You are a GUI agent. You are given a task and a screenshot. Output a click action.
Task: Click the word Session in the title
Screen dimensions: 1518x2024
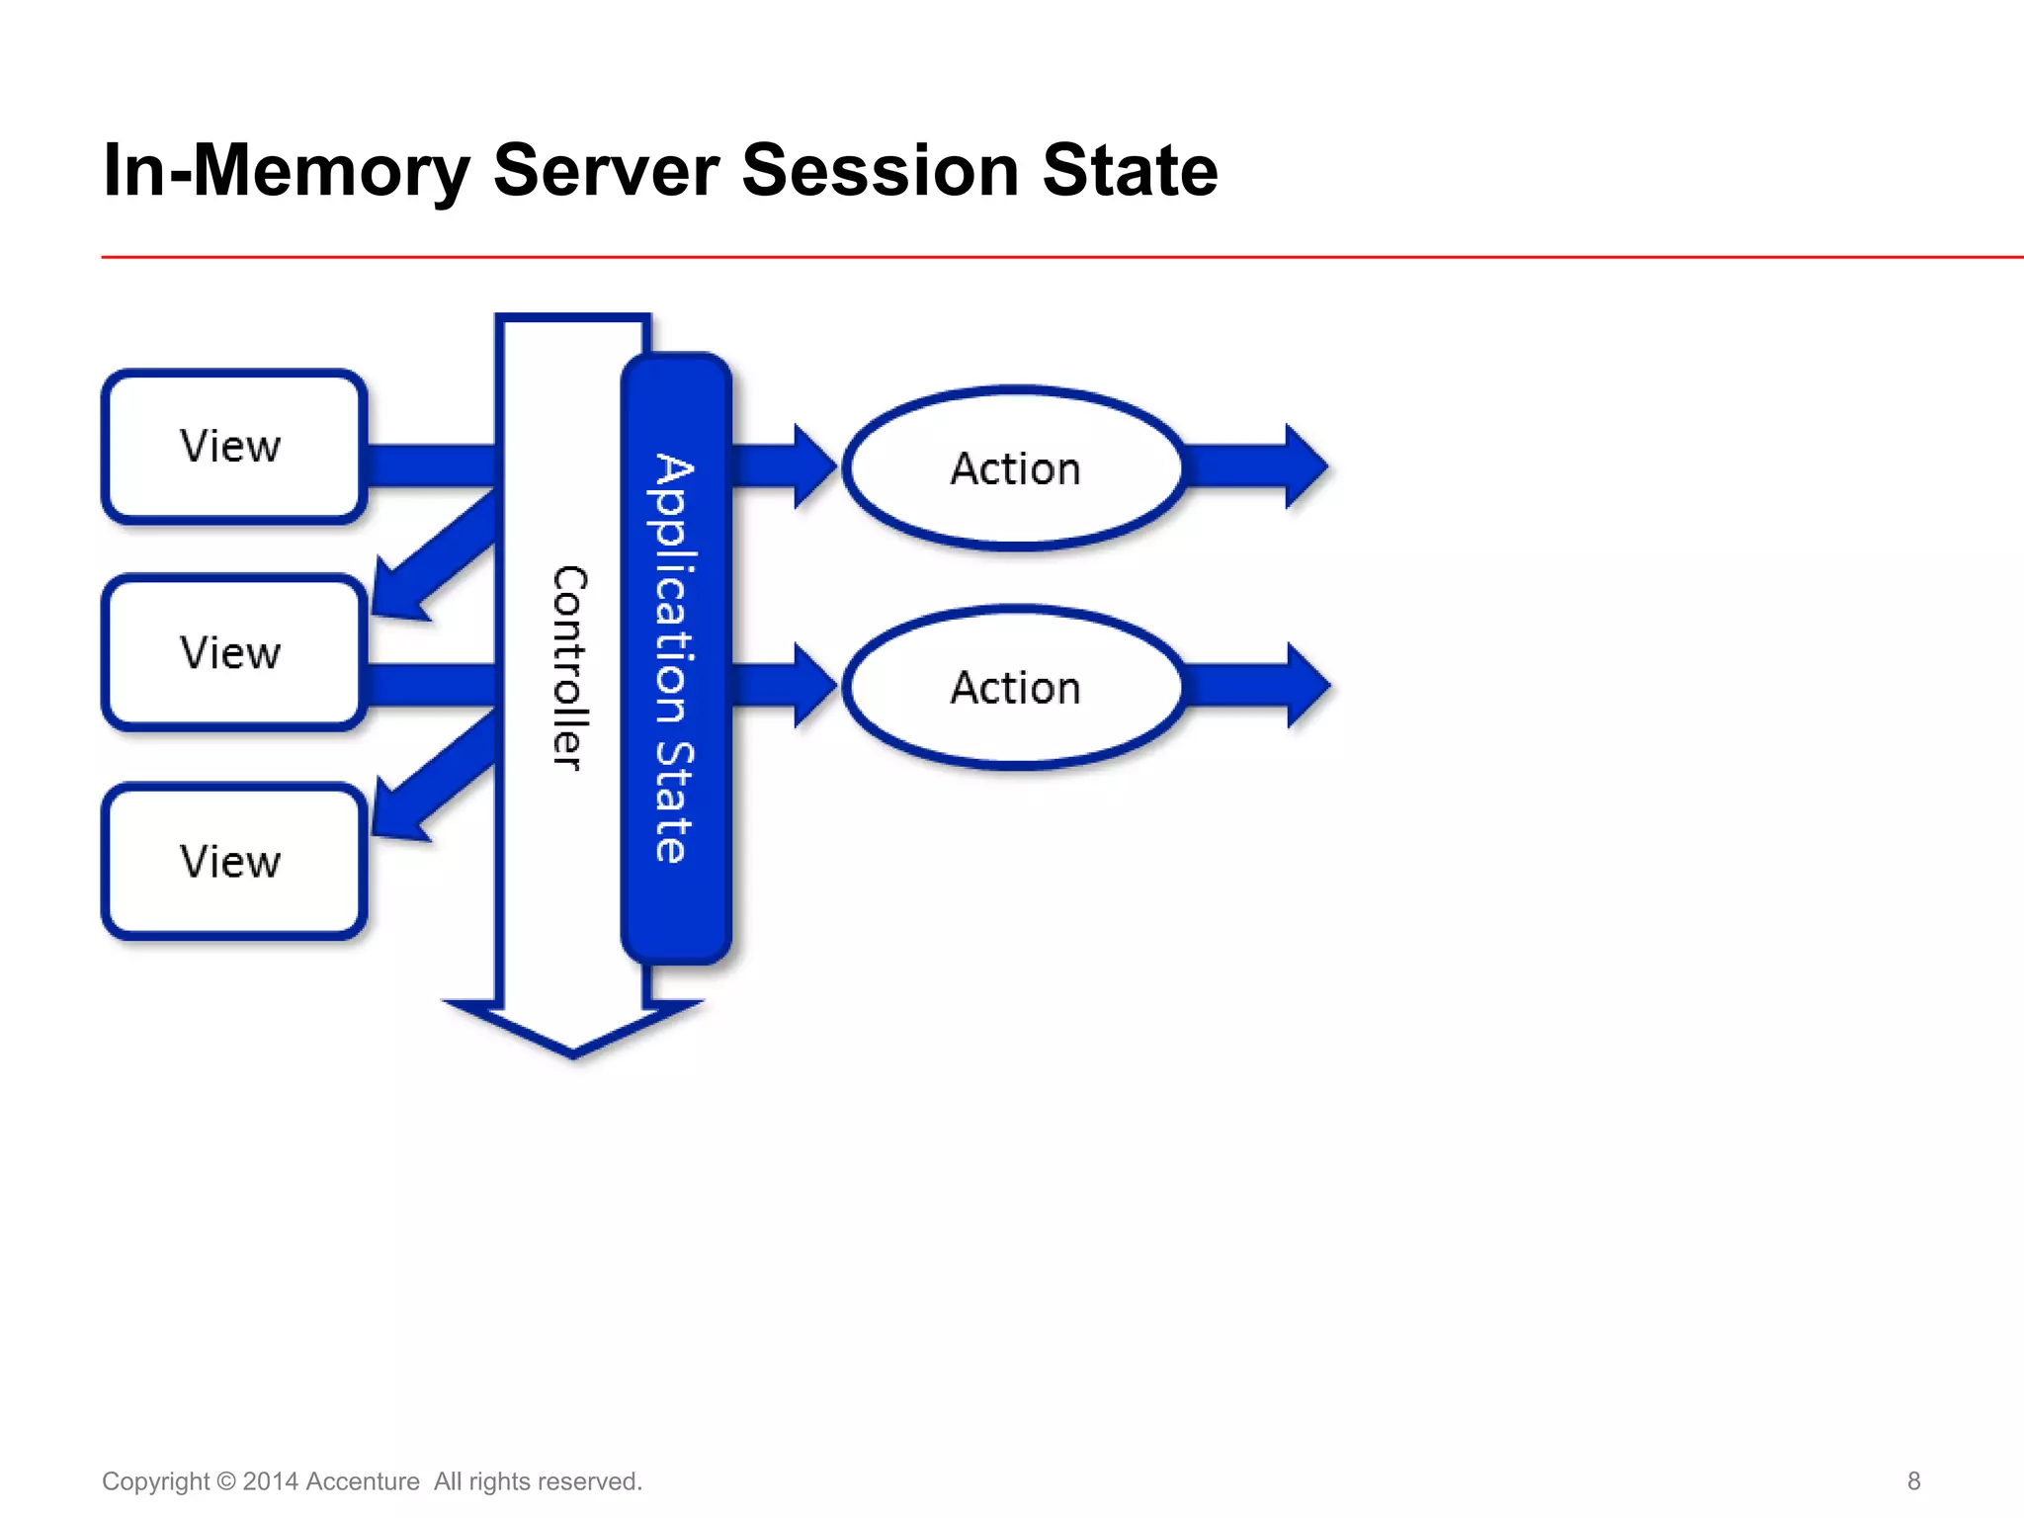[880, 170]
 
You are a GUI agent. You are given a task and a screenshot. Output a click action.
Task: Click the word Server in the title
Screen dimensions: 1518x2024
[605, 170]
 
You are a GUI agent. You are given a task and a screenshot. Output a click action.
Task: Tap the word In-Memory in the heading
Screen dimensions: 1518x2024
[287, 170]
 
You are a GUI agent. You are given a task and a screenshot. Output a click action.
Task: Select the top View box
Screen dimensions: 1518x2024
[234, 447]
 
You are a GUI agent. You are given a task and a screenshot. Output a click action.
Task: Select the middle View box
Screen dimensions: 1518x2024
[234, 653]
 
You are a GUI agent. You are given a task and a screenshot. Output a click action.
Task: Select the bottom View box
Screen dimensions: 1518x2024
[234, 862]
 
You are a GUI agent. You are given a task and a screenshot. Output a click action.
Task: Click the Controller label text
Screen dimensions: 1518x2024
[569, 668]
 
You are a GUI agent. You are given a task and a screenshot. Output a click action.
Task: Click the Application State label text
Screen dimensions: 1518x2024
[675, 658]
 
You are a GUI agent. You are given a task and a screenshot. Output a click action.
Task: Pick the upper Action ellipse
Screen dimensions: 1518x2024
[1015, 468]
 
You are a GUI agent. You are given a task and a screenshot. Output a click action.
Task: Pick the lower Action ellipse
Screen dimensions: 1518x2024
[1015, 688]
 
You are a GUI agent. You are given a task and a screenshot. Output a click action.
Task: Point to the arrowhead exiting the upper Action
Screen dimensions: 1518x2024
[1305, 466]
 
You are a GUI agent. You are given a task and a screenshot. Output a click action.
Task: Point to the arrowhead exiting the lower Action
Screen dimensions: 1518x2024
[1307, 686]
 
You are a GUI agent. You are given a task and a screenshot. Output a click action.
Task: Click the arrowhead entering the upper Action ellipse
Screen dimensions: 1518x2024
[812, 466]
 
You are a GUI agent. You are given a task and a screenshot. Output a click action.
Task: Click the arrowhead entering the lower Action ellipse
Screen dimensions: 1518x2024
[812, 686]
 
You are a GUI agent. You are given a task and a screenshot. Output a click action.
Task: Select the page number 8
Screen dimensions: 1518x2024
[1913, 1480]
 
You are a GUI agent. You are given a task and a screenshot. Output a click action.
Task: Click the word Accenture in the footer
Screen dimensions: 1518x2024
[363, 1481]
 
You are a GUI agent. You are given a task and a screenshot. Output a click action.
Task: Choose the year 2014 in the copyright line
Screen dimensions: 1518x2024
[270, 1481]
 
